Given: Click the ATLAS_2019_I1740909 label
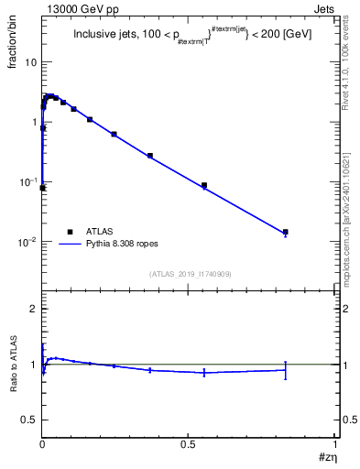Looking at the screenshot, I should pyautogui.click(x=189, y=274).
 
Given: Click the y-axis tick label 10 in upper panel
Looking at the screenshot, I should pyautogui.click(x=30, y=61).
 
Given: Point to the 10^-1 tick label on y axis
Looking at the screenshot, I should pyautogui.click(x=27, y=181).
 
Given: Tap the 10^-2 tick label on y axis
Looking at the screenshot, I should pyautogui.click(x=27, y=242).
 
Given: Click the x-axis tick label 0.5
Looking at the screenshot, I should pyautogui.click(x=189, y=442).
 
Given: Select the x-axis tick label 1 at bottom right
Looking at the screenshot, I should pyautogui.click(x=336, y=442).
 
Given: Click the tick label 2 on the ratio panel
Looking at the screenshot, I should pyautogui.click(x=34, y=310).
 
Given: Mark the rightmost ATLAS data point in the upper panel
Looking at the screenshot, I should pyautogui.click(x=286, y=233).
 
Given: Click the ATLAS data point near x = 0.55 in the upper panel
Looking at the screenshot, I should pyautogui.click(x=204, y=185).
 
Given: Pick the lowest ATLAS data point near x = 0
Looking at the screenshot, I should pyautogui.click(x=42, y=188).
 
